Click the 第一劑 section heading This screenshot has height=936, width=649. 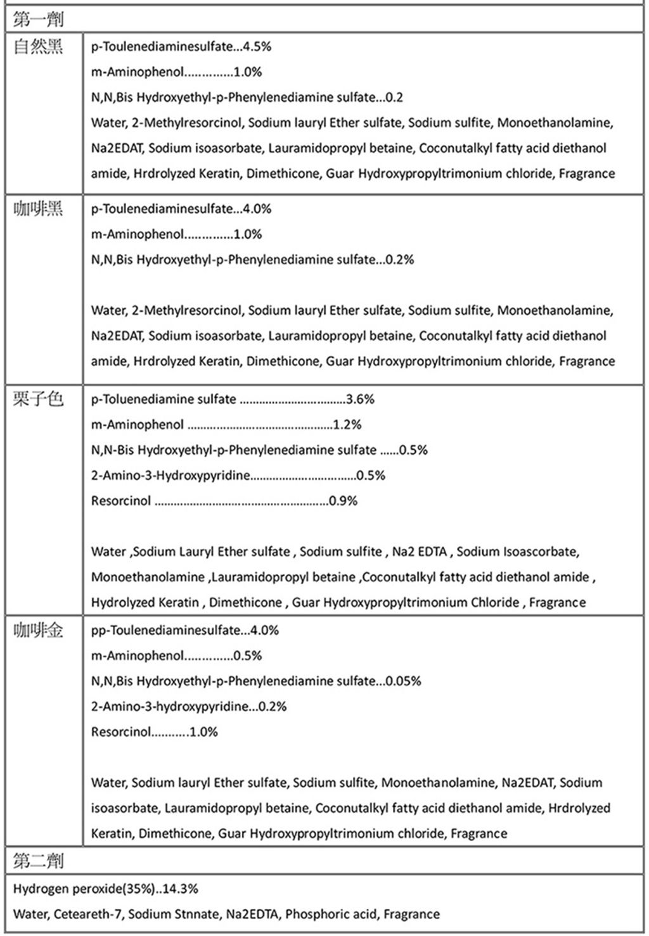[38, 20]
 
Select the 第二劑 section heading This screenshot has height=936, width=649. [38, 861]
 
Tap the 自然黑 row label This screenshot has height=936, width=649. [39, 47]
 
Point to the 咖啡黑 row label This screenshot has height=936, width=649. [39, 209]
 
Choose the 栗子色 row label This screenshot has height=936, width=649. [39, 399]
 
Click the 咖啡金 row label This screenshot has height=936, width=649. [39, 630]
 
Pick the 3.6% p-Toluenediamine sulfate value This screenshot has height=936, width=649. [360, 400]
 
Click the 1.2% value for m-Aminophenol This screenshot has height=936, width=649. [347, 425]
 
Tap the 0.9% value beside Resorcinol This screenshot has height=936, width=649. [344, 501]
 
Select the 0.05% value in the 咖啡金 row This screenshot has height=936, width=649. [404, 681]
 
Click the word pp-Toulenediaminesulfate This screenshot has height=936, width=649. [166, 631]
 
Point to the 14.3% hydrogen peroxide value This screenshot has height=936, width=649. [181, 889]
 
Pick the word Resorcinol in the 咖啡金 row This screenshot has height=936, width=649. [121, 732]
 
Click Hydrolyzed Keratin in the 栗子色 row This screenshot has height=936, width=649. [145, 602]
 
